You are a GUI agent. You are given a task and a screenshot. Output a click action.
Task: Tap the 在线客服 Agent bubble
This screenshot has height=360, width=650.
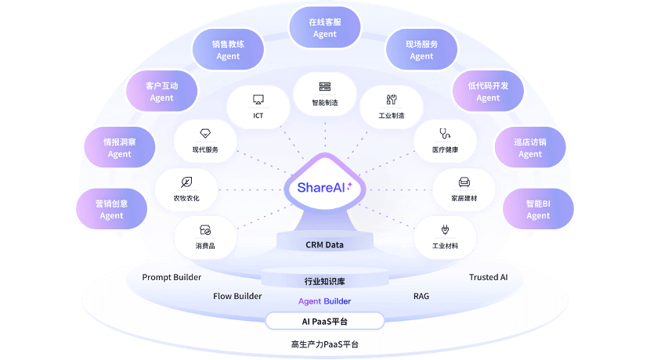[324, 28]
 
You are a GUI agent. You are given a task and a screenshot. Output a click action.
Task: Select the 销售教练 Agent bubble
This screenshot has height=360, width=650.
[228, 50]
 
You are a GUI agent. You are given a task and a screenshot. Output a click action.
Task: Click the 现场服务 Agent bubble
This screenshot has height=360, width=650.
[421, 50]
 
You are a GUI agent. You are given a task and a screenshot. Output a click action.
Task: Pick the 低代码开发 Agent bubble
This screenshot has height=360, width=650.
[488, 92]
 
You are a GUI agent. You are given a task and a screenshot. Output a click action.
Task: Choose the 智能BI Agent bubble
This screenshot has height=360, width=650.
[538, 210]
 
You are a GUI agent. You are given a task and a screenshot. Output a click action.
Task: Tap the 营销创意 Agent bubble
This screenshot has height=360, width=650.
[111, 209]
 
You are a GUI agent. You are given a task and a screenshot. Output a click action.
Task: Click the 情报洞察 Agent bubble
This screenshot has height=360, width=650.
[119, 148]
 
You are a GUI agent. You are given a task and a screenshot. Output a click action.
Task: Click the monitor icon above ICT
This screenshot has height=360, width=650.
[258, 99]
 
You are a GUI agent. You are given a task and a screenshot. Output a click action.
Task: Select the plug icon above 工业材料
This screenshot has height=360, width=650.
[445, 230]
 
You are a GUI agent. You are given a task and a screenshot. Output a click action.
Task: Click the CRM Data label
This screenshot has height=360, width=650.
[324, 245]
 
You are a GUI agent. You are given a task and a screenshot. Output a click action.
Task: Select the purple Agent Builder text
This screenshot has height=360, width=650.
[324, 301]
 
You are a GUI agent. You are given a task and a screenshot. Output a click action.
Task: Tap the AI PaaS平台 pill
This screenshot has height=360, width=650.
[324, 321]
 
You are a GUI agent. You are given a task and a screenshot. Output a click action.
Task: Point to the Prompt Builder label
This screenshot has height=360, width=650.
[172, 278]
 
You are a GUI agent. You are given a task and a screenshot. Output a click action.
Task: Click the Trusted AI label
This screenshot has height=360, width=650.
[488, 278]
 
